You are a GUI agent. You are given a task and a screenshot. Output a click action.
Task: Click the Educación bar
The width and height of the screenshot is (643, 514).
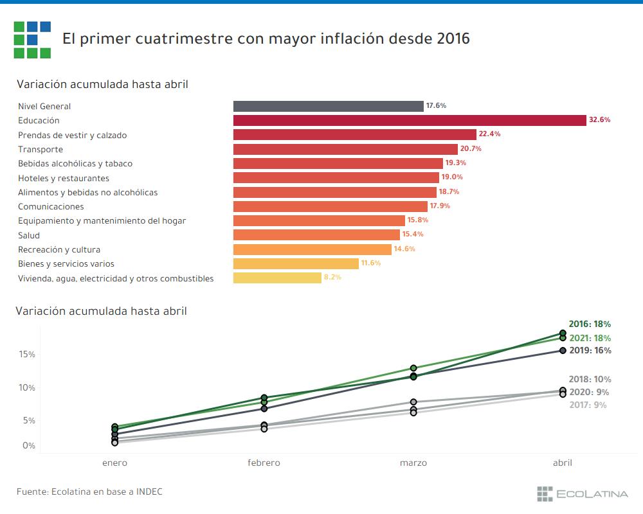click(409, 120)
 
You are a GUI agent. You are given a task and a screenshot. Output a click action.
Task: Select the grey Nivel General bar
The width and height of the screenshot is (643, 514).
click(328, 106)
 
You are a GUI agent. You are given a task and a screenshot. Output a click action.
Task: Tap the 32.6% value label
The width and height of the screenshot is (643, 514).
click(599, 120)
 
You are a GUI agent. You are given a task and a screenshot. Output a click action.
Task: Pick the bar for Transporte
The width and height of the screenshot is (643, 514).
click(345, 149)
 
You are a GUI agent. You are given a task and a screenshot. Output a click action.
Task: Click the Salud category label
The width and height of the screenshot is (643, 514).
click(29, 235)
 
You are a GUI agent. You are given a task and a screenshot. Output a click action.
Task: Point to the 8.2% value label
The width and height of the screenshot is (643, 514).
click(332, 278)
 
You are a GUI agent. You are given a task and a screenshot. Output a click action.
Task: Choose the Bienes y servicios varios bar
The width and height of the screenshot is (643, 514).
click(296, 263)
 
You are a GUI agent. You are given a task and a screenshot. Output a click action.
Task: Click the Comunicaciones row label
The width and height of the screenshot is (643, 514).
click(51, 206)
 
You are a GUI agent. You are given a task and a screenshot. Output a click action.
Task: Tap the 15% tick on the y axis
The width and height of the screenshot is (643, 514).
click(27, 355)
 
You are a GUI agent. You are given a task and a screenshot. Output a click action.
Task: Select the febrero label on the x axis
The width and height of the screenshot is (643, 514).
click(264, 463)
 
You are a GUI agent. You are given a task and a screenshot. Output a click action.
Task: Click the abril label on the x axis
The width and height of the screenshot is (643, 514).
click(563, 463)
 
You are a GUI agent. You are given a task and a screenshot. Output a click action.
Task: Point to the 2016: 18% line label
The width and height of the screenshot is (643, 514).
click(590, 324)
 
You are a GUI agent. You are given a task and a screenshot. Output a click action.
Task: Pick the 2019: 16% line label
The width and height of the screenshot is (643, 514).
click(590, 351)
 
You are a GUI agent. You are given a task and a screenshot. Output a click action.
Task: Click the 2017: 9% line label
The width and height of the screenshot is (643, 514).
click(588, 405)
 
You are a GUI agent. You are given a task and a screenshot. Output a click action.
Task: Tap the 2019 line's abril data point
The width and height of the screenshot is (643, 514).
click(563, 350)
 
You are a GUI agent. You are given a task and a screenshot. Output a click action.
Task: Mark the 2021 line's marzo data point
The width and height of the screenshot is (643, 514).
click(413, 368)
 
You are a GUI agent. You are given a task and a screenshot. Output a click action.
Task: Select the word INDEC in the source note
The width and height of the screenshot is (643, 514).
click(149, 492)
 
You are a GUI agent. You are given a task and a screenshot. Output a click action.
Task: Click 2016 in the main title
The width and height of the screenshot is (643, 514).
click(453, 39)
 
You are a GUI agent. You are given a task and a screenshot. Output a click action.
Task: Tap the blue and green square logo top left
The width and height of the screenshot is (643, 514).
click(32, 39)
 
